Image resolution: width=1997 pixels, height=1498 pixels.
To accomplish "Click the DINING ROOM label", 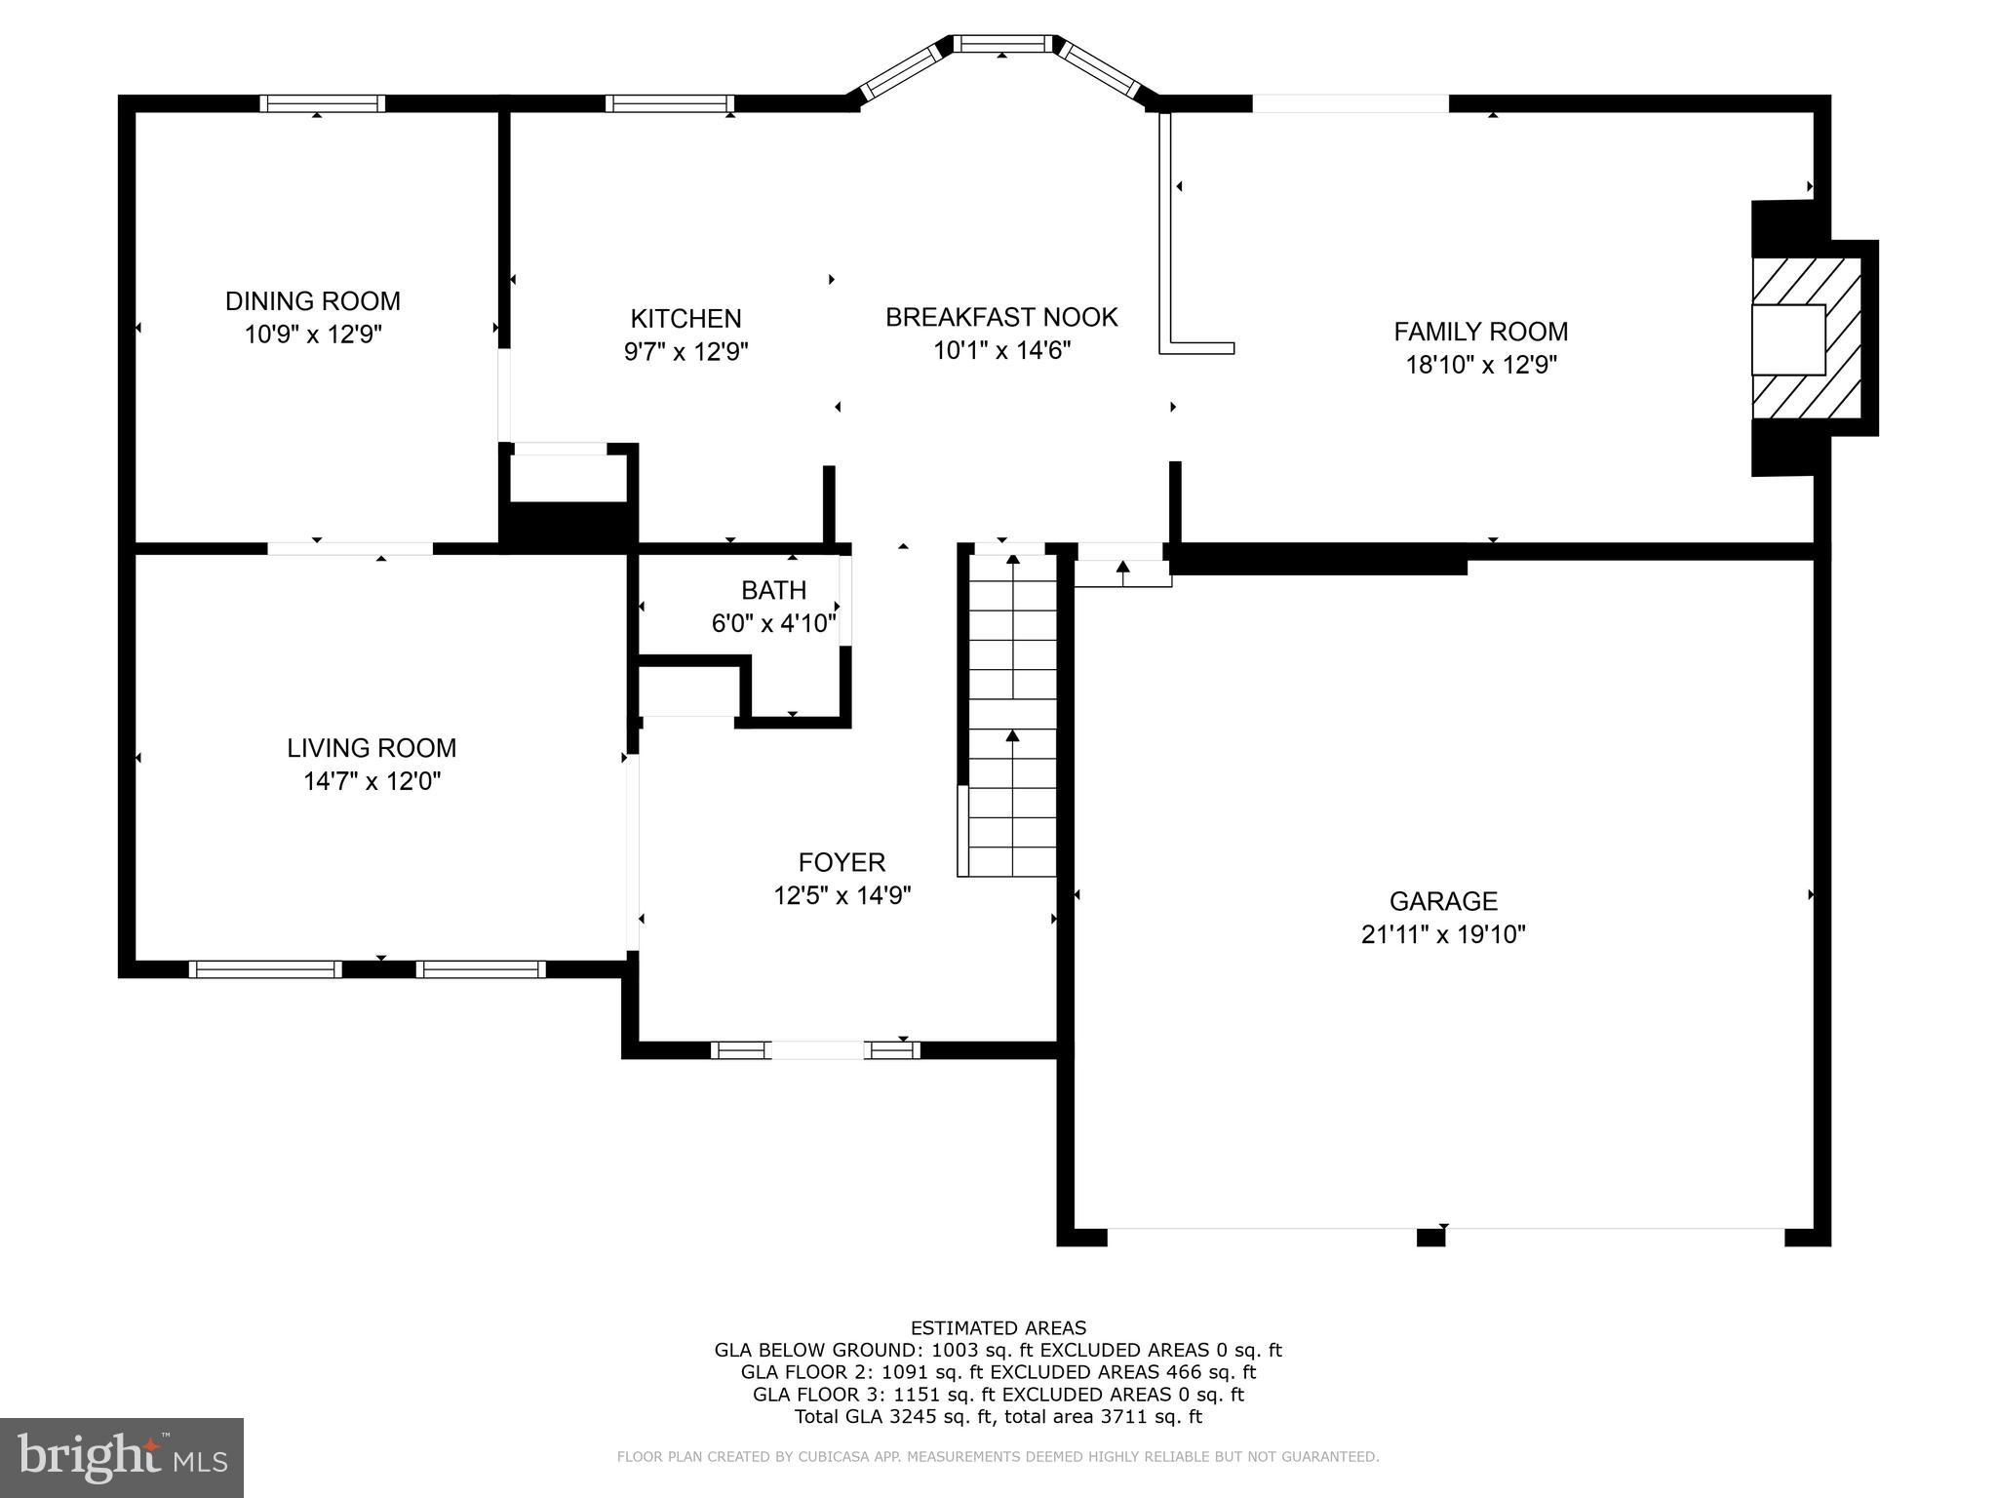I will click(312, 301).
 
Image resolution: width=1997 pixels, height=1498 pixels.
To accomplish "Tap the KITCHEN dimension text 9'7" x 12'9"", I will click(685, 352).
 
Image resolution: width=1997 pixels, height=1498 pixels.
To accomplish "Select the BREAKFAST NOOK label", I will click(1001, 317).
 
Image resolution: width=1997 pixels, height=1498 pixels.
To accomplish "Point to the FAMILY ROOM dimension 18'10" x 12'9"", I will click(1480, 366).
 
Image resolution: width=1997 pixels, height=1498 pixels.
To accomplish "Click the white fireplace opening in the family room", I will click(1787, 339).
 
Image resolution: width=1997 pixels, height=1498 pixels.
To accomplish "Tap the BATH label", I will click(773, 590).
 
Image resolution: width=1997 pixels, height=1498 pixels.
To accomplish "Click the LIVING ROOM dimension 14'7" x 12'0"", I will click(372, 782).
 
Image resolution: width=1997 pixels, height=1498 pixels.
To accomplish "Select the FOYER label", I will click(842, 862).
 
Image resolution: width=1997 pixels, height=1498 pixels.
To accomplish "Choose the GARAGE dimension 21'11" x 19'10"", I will click(1443, 935).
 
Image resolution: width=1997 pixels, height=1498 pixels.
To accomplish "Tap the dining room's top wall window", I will click(322, 103).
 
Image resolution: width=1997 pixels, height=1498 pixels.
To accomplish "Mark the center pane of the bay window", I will click(1002, 44).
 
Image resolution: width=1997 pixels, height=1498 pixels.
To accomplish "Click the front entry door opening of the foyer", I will click(817, 1050).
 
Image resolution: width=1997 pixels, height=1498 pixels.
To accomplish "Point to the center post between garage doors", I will click(1429, 1238).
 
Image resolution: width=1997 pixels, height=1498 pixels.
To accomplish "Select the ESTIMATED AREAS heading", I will click(998, 1327).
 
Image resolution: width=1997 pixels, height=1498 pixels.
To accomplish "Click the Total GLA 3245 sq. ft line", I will click(998, 1417).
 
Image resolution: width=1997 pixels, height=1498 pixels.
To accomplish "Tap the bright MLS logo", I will click(122, 1458).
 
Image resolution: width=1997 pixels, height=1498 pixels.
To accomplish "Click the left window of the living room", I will click(264, 969).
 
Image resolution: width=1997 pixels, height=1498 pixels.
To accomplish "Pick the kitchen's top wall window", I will click(669, 103).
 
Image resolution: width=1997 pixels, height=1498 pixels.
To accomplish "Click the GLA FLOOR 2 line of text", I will click(998, 1372).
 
